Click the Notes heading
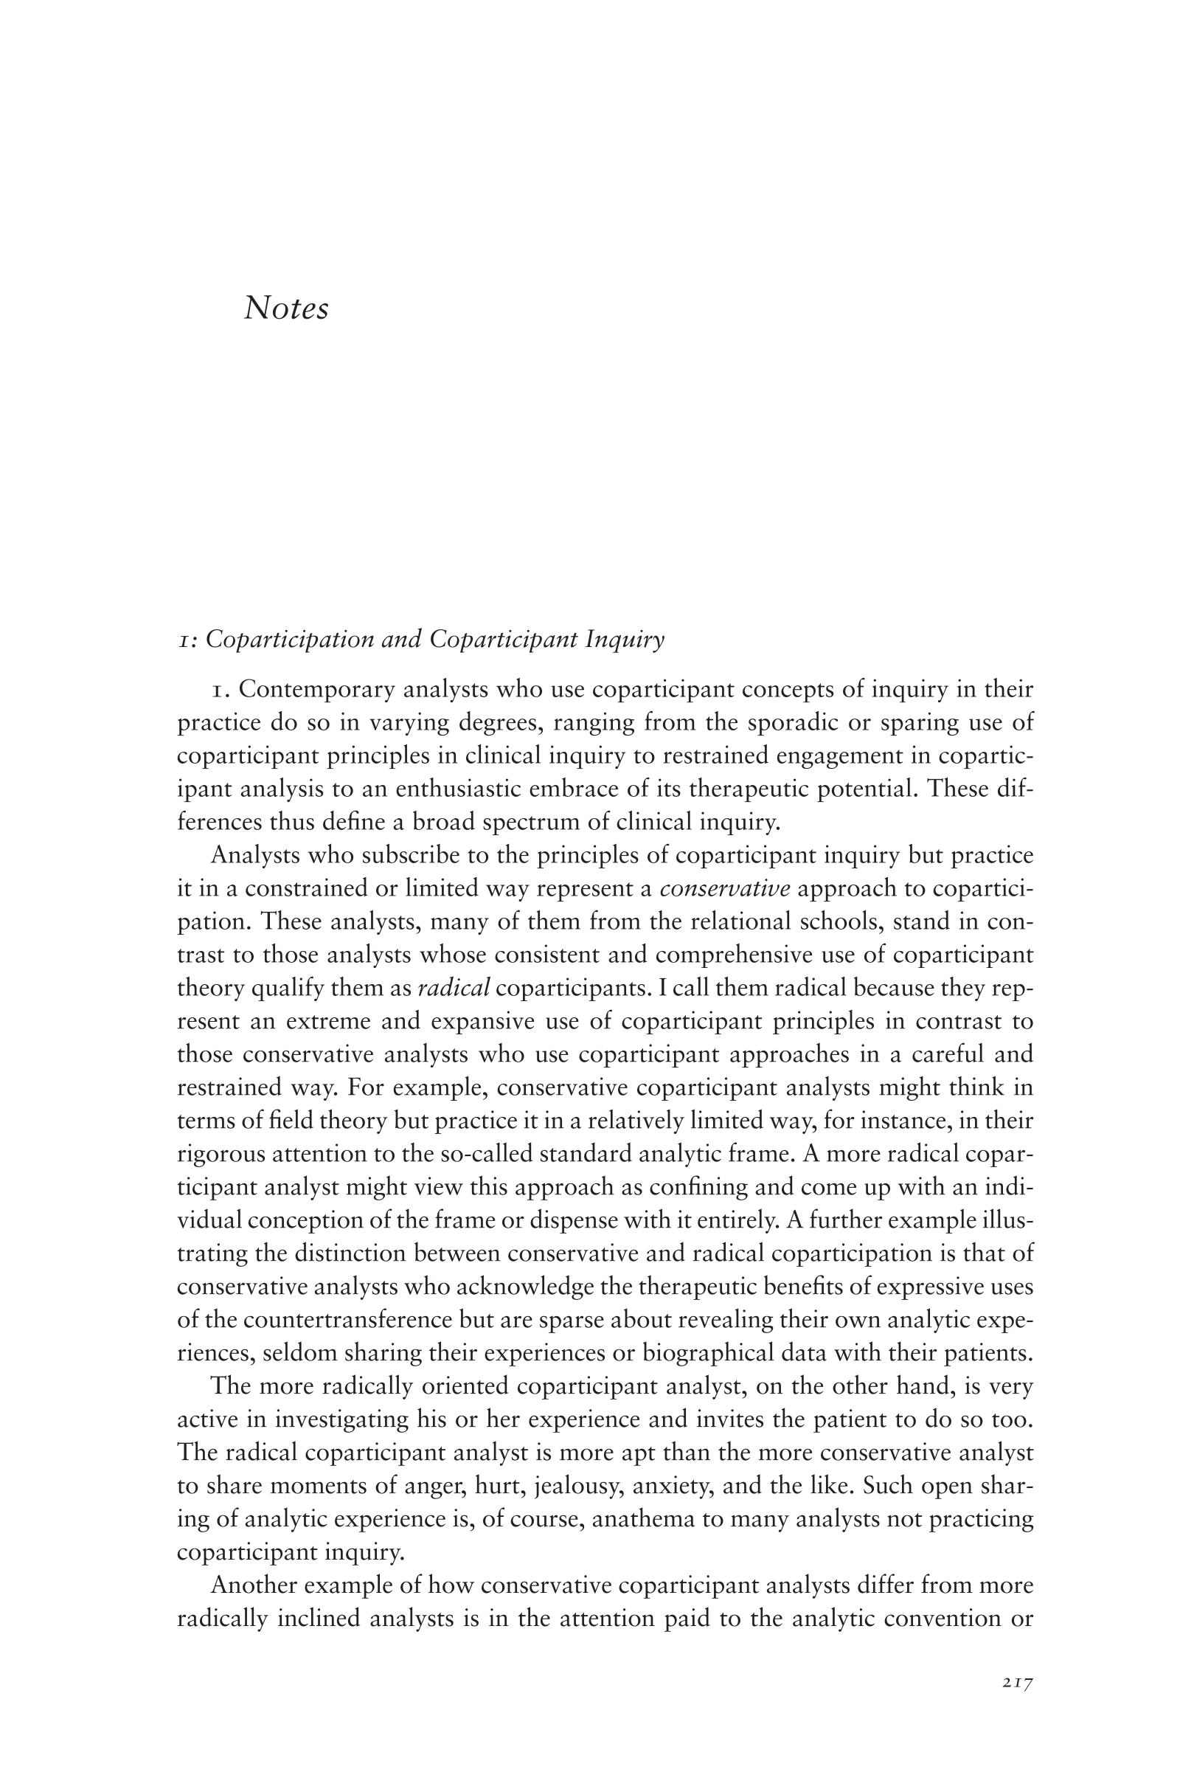[x=285, y=308]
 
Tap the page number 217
[x=1016, y=1683]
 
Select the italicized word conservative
[x=724, y=889]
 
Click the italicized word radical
[x=454, y=989]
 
